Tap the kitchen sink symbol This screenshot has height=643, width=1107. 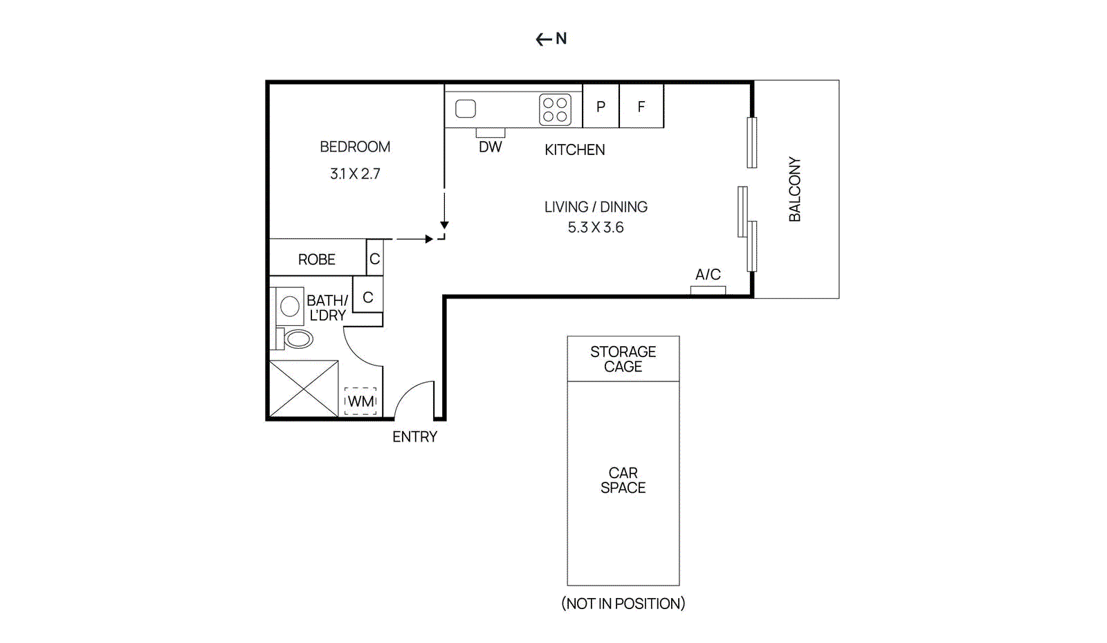tap(466, 109)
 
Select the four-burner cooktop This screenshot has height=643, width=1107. tap(555, 109)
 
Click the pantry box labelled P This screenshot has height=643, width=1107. tap(601, 107)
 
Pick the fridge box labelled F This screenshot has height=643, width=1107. tap(641, 107)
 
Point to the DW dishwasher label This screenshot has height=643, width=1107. tap(490, 147)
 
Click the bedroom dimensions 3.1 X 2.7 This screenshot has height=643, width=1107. tap(355, 174)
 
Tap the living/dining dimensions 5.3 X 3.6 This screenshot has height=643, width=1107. tap(596, 227)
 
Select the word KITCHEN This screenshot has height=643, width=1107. tap(574, 150)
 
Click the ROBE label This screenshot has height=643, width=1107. tap(316, 260)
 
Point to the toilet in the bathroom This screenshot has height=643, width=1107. tap(298, 339)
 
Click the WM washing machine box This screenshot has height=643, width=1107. tap(360, 401)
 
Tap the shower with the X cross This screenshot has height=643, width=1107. tap(304, 389)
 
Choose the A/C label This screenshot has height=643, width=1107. tap(708, 275)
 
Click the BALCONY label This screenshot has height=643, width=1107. tap(795, 189)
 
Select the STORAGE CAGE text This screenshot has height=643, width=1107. tap(623, 359)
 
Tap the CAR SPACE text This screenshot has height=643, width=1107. tap(623, 480)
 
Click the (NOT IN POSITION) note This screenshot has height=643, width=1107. tap(623, 604)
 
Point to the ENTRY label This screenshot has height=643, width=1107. tap(414, 437)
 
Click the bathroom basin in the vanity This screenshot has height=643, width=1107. tap(290, 306)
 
